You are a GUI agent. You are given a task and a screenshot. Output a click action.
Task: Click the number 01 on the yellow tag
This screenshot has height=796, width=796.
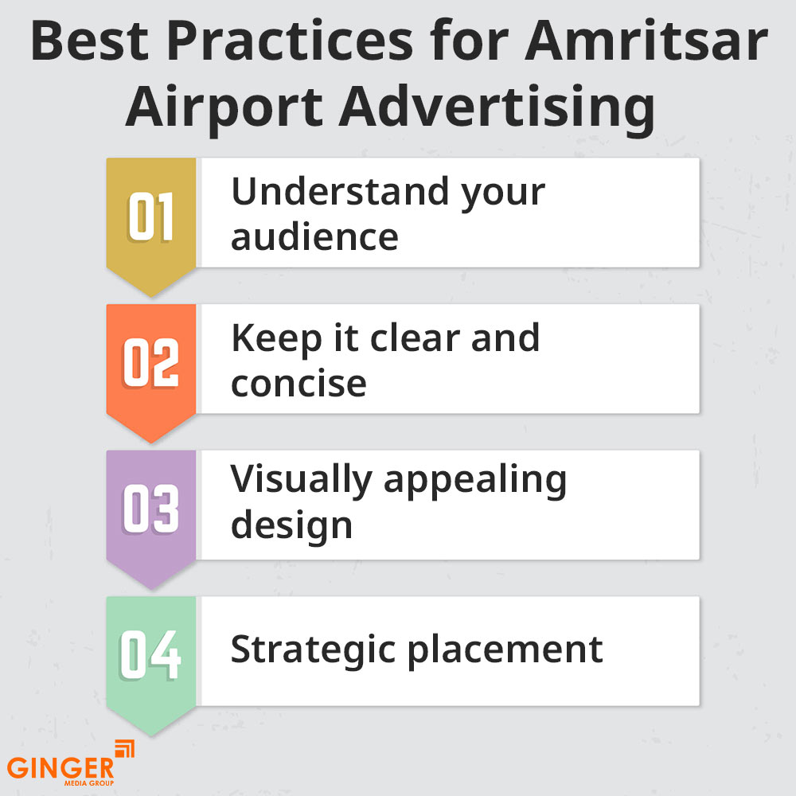pos(150,217)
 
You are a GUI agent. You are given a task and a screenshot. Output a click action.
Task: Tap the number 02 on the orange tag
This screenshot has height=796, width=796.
pos(150,362)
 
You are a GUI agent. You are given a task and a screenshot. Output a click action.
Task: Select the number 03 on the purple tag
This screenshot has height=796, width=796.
pos(150,509)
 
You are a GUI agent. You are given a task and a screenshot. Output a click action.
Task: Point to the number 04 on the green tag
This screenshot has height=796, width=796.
pos(150,655)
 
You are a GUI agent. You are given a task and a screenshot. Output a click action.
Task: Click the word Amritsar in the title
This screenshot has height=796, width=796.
pos(646,41)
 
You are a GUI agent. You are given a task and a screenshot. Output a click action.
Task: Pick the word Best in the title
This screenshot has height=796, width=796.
pos(90,41)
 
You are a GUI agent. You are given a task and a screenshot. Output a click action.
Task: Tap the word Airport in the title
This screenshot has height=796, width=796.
pos(224,107)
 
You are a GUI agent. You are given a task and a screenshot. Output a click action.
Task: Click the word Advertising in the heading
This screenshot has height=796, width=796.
pos(497,107)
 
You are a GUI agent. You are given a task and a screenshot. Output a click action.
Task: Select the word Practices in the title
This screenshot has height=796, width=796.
pos(291,41)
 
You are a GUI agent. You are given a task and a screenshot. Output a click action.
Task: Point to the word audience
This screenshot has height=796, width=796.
pos(314,236)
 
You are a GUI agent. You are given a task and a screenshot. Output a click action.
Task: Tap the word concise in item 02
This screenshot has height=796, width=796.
pos(298,384)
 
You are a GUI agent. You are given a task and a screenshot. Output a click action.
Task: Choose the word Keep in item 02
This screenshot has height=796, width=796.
pos(277,338)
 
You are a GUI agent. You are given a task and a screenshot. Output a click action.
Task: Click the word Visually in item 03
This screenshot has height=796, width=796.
pos(302,480)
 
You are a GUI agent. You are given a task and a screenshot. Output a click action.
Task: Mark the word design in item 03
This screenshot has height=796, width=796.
pos(292,526)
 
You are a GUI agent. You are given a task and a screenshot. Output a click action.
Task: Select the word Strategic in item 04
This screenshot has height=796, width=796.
pos(313,650)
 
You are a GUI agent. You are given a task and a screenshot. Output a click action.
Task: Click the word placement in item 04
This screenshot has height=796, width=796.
pos(505,650)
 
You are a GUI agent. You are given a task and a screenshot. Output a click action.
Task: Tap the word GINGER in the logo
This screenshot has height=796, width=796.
pos(60,767)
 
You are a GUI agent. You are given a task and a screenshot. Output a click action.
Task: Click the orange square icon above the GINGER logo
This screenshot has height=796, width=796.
pos(124,749)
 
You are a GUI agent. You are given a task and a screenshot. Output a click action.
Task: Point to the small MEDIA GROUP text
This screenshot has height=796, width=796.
pos(89,783)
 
